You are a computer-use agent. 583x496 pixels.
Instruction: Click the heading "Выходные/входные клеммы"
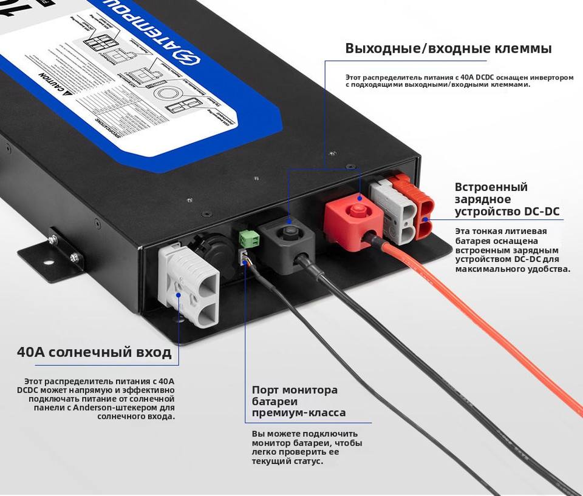(448, 49)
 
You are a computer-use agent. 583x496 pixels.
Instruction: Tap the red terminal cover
(352, 219)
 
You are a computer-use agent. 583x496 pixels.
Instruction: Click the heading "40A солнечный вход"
(94, 352)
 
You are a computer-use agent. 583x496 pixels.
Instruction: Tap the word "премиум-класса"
(299, 413)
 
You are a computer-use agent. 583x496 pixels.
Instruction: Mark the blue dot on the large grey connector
(178, 295)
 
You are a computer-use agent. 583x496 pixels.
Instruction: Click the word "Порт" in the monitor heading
(265, 390)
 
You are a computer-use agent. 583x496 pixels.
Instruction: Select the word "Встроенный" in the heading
(491, 187)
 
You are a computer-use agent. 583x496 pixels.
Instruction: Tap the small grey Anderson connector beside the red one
(391, 209)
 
